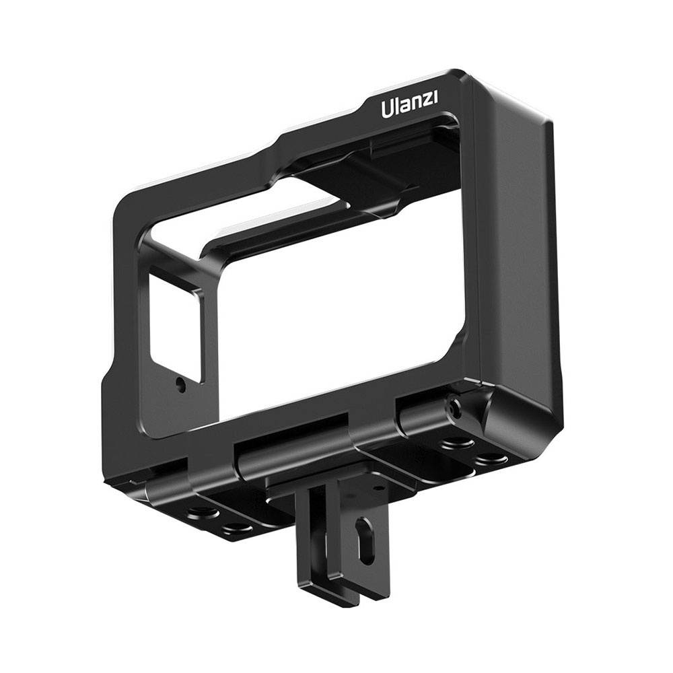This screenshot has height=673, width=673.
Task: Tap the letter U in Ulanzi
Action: click(x=388, y=109)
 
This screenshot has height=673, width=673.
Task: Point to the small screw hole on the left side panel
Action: click(x=180, y=385)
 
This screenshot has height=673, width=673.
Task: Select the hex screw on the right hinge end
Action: click(x=456, y=406)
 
